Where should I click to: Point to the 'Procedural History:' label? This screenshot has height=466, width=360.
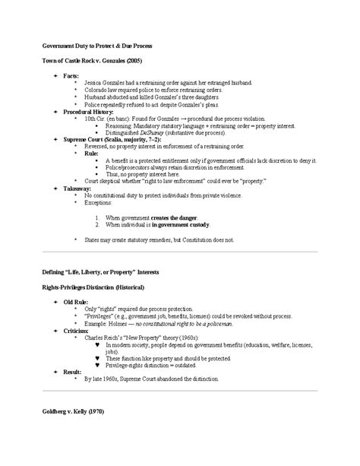pos(90,112)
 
